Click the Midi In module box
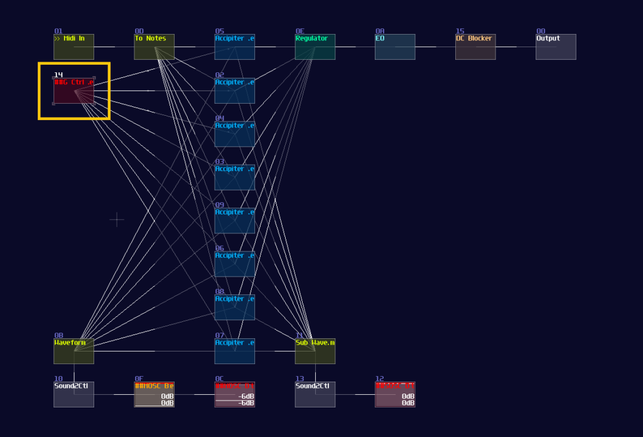coord(73,47)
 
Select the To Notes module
coord(154,47)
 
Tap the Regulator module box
coord(315,47)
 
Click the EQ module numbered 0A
coord(395,47)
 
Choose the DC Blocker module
coord(475,47)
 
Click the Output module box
coord(556,47)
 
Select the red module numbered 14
coord(73,91)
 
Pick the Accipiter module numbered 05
coord(234,47)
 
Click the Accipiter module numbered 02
coord(234,91)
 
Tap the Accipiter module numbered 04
coord(234,135)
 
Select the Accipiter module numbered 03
coord(234,178)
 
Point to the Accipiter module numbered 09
coord(234,221)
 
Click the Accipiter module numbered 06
coord(234,265)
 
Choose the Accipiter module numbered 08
coord(234,308)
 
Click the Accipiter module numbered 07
coord(234,351)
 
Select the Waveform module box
coord(73,351)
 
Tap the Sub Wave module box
coord(315,351)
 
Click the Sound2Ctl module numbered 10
coord(73,395)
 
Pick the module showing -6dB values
coord(234,395)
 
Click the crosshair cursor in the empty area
coord(117,219)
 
